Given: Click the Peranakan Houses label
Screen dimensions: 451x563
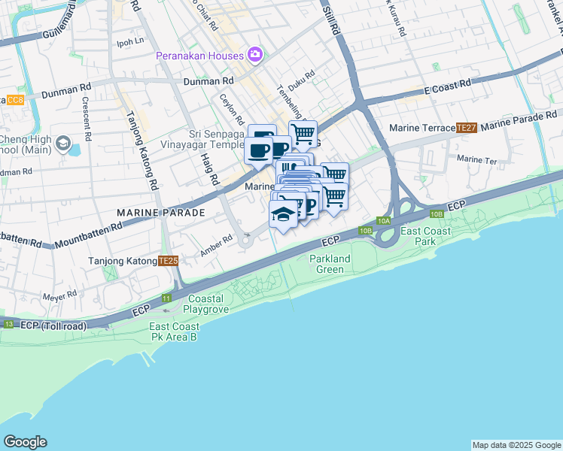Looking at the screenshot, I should (x=199, y=56).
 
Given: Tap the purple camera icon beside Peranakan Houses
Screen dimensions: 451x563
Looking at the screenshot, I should (x=255, y=55).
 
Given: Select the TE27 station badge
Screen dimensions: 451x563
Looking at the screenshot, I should (x=467, y=129).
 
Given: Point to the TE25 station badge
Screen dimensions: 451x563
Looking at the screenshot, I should (x=169, y=261).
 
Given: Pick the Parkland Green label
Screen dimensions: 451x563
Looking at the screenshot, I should (x=330, y=264).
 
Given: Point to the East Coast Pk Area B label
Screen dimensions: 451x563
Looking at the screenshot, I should (x=174, y=331).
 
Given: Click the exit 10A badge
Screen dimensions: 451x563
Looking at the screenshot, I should (x=384, y=220).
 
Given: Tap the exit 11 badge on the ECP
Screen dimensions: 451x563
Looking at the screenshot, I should (x=166, y=298).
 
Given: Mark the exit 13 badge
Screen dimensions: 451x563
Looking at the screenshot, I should (x=9, y=324).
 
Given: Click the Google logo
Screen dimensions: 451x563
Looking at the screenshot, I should (x=25, y=442).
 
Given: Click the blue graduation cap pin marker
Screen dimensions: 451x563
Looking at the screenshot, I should (x=282, y=215).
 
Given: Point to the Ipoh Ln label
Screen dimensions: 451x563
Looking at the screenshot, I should (x=129, y=42).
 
